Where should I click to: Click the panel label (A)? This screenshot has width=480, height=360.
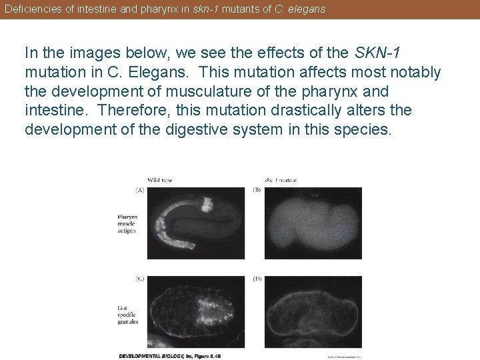click(140, 190)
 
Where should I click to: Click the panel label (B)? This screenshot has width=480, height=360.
click(257, 190)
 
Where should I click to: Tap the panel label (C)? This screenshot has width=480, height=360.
click(140, 279)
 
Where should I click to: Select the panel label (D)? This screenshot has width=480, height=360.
click(257, 279)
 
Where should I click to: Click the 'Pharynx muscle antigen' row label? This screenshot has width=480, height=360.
click(127, 223)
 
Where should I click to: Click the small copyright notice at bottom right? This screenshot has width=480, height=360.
click(343, 356)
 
